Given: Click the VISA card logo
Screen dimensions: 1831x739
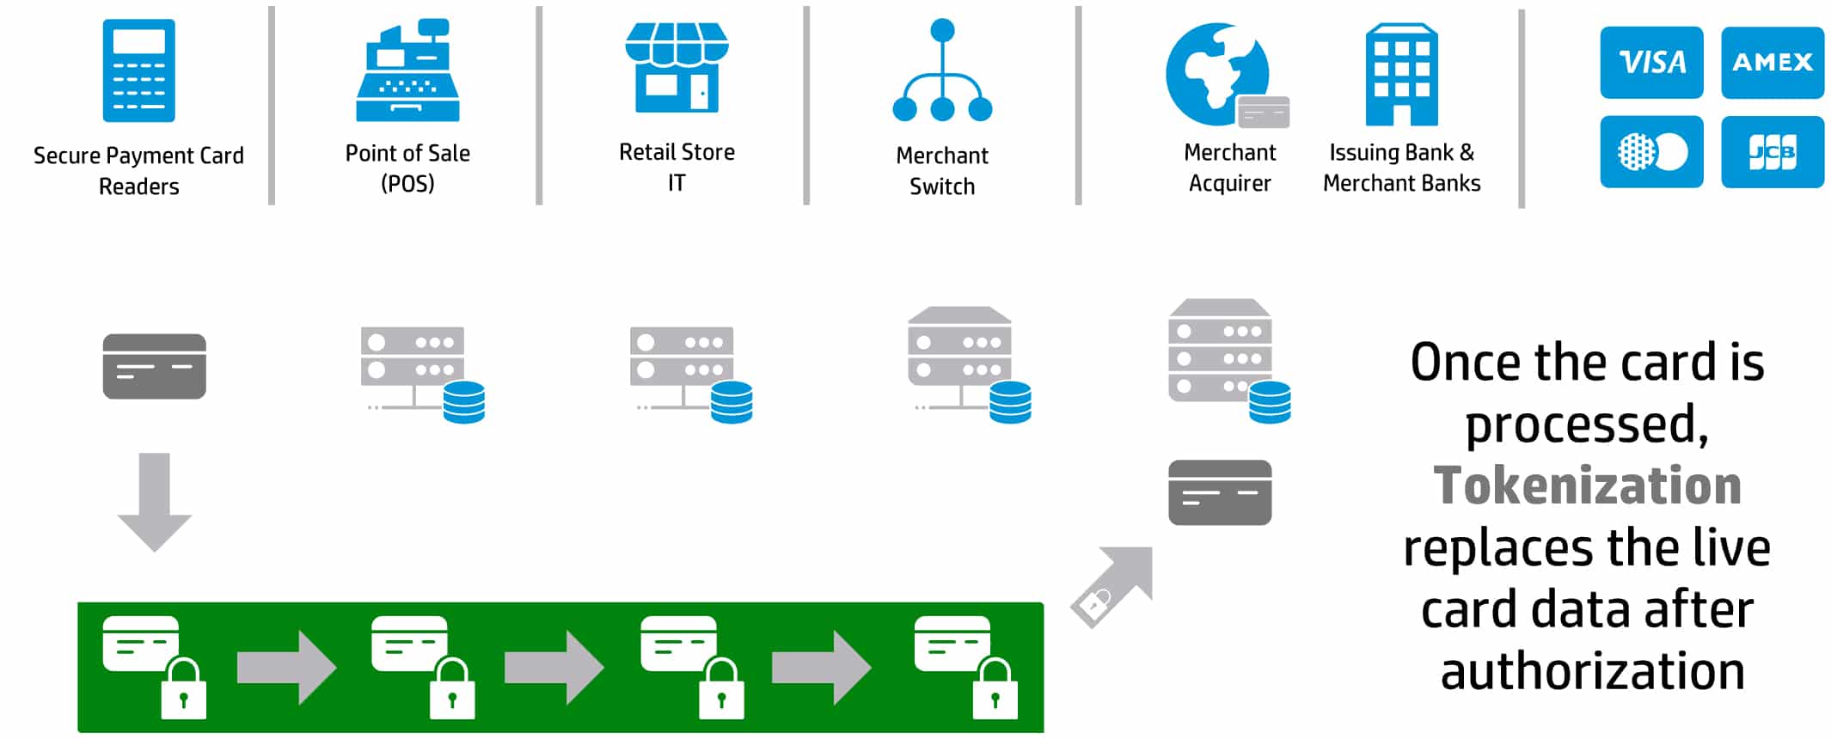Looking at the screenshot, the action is tap(1650, 62).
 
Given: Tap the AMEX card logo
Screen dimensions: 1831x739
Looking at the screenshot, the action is tap(1772, 62).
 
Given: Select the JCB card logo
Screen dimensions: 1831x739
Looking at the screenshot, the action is tap(1772, 152).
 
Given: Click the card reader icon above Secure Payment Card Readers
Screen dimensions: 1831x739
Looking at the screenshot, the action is tap(138, 70).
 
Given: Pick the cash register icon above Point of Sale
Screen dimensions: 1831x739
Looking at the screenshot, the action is tap(407, 70).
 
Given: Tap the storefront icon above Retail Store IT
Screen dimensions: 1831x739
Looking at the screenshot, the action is tap(677, 67).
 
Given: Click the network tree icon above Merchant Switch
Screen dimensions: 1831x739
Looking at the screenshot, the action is tap(942, 70).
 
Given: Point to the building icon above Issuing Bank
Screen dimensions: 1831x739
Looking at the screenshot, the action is tap(1401, 75).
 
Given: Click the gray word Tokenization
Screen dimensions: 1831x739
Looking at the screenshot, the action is tap(1587, 486).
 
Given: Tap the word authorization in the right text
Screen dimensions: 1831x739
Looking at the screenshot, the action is tap(1593, 671).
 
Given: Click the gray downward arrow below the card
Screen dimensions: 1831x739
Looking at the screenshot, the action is tap(155, 502).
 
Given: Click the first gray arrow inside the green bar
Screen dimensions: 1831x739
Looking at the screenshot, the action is tap(286, 668).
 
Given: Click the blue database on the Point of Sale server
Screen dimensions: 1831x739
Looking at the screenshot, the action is tap(464, 402).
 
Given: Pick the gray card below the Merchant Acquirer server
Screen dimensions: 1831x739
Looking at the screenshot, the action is tap(1220, 492).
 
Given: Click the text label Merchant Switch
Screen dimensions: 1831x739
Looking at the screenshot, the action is tap(942, 171).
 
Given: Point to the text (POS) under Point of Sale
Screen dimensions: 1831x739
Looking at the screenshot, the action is tap(407, 184).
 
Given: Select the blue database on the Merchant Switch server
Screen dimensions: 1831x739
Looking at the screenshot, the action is tap(1010, 402).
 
